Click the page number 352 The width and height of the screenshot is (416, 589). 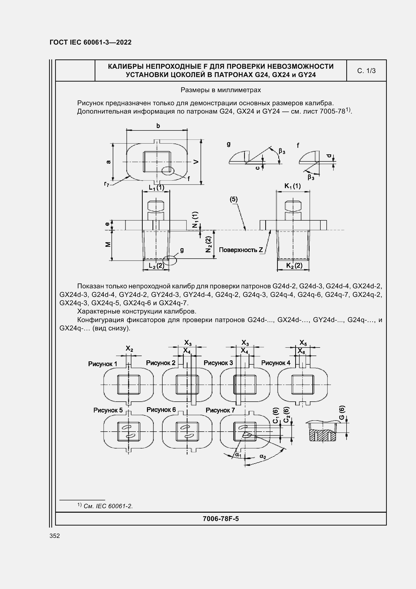click(55, 536)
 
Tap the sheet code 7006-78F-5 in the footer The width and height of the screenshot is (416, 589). click(220, 519)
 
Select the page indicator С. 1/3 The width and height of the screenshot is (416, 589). click(366, 71)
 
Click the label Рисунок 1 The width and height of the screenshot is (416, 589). click(102, 364)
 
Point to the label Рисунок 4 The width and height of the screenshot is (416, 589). click(276, 363)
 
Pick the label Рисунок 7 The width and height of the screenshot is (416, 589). click(220, 410)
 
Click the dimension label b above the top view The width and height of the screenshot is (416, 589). click(158, 126)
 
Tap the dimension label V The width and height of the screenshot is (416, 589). click(196, 162)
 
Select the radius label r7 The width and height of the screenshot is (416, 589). click(107, 184)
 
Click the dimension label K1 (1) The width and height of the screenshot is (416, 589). click(292, 186)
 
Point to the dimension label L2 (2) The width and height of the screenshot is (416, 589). click(156, 265)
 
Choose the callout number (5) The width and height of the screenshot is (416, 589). click(234, 199)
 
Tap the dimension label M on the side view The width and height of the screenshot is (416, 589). click(108, 245)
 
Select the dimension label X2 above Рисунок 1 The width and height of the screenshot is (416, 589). click(129, 349)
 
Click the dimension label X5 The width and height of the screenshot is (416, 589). click(303, 343)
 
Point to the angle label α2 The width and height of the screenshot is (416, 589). click(263, 456)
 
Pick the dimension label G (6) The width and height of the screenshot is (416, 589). click(342, 412)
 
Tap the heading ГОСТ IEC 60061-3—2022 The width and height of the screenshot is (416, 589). click(91, 42)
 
